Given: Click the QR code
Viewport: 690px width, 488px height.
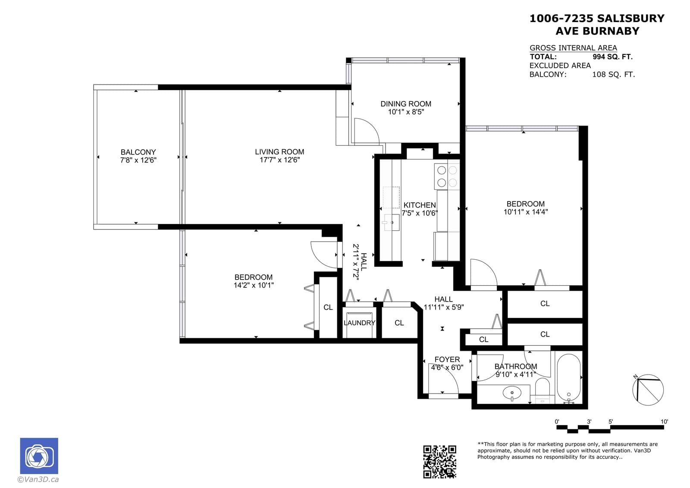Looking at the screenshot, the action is (x=439, y=462).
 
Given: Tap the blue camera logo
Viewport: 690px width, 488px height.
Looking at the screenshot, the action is (x=39, y=456).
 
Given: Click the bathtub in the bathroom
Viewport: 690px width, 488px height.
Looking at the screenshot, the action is (x=569, y=378).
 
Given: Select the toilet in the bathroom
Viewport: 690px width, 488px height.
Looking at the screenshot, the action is (x=543, y=390).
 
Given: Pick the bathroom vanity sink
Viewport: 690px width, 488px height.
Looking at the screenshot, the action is (x=512, y=393).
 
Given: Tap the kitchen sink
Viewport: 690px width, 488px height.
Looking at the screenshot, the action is (x=392, y=222).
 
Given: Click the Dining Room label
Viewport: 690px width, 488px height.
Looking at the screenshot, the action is (x=406, y=104).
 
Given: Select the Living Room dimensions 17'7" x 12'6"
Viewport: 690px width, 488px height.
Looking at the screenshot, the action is (x=279, y=160).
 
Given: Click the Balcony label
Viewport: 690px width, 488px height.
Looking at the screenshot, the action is (x=138, y=152).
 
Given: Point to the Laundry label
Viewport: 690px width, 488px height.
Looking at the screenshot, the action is (x=360, y=323).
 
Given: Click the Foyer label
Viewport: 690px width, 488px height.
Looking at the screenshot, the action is (x=447, y=359).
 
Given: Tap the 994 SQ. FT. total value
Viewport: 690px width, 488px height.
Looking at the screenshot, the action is (x=612, y=57).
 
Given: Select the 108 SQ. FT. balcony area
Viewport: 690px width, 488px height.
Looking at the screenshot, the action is (x=613, y=74).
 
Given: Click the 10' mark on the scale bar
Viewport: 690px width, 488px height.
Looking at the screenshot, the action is (x=664, y=422).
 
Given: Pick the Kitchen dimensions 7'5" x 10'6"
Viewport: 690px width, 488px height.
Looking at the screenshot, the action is (x=420, y=213).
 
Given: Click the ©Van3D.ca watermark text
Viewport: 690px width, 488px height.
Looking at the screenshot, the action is (x=38, y=479).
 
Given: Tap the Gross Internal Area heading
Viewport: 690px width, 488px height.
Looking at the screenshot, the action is (x=573, y=48).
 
